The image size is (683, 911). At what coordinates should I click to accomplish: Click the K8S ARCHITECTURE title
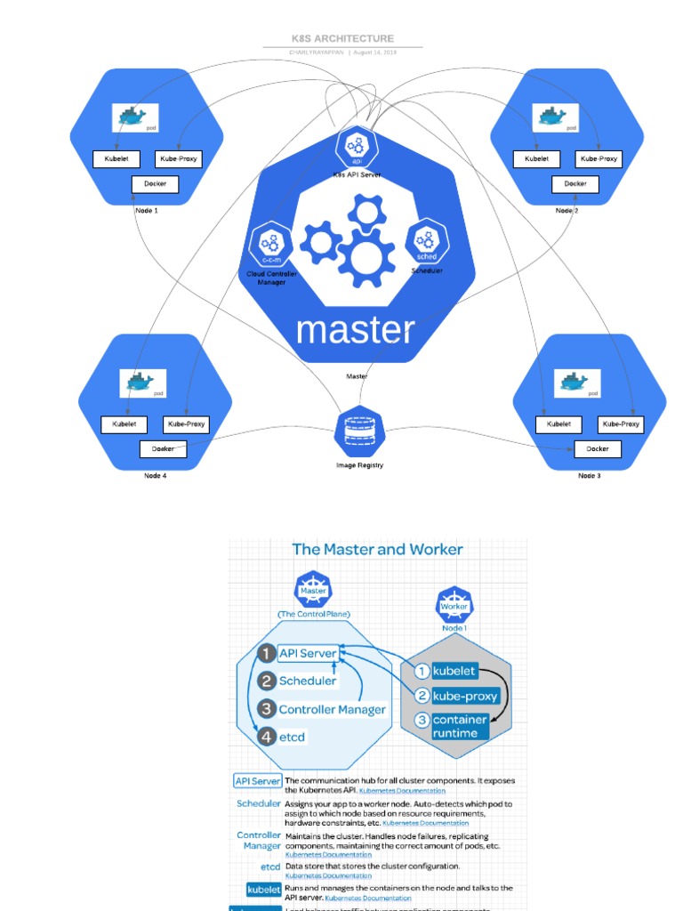point(342,39)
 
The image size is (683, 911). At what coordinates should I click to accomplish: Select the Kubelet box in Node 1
point(117,159)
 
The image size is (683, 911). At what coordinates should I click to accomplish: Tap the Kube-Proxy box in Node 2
point(599,159)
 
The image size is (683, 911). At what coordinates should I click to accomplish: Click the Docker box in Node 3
point(598,449)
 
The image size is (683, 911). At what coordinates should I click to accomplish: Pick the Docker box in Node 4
point(163,449)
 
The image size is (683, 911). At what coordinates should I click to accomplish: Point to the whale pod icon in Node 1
point(134,117)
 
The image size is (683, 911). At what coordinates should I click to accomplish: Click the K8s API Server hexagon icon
point(358,146)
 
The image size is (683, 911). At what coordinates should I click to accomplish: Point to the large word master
point(356,330)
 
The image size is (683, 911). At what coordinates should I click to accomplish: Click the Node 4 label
point(156,476)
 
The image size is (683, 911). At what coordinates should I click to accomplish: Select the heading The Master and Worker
point(377,549)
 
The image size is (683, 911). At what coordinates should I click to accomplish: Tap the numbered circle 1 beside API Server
point(265,653)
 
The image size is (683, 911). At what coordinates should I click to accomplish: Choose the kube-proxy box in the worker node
point(465,696)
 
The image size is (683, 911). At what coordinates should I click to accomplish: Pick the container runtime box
point(460,726)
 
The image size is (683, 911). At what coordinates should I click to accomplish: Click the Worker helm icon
point(454,606)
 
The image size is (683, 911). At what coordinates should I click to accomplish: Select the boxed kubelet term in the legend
point(263,890)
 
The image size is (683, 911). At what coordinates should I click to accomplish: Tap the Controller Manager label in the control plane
point(332,709)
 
